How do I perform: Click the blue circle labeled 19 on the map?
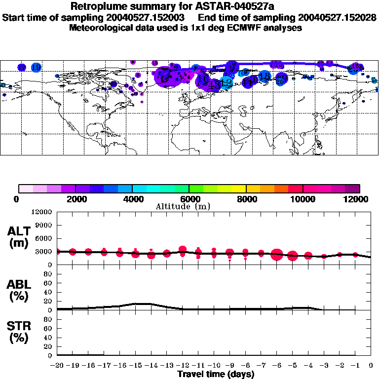pyautogui.click(x=36, y=68)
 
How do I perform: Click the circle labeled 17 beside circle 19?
pyautogui.click(x=22, y=68)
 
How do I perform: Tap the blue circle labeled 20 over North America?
pyautogui.click(x=114, y=84)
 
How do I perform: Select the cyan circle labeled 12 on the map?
pyautogui.click(x=226, y=83)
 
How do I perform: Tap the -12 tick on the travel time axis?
pyautogui.click(x=182, y=365)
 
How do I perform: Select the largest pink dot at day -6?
pyautogui.click(x=276, y=255)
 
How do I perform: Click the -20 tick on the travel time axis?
pyautogui.click(x=57, y=365)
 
